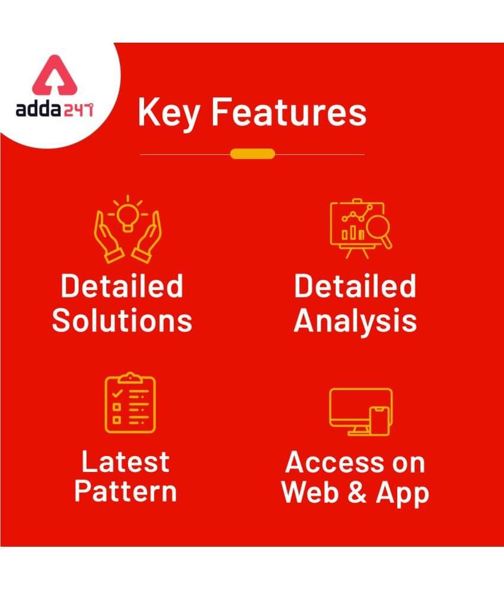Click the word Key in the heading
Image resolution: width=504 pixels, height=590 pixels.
(x=169, y=113)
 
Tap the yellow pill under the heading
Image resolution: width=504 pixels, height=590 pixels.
(x=253, y=154)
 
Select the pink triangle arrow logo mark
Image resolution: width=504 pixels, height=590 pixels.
(x=55, y=75)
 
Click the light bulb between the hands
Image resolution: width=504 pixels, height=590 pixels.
(x=127, y=218)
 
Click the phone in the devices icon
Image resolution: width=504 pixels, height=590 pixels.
(x=379, y=420)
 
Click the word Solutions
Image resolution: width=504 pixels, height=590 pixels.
(x=122, y=321)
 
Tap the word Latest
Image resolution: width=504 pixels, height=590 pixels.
(x=125, y=462)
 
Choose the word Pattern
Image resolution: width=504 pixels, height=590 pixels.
(x=125, y=491)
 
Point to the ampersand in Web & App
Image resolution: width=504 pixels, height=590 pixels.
(x=357, y=492)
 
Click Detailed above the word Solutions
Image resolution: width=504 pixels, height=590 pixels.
(x=122, y=286)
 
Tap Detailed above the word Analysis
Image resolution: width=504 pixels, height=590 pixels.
(x=355, y=286)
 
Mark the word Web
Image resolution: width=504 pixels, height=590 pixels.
(x=310, y=492)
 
